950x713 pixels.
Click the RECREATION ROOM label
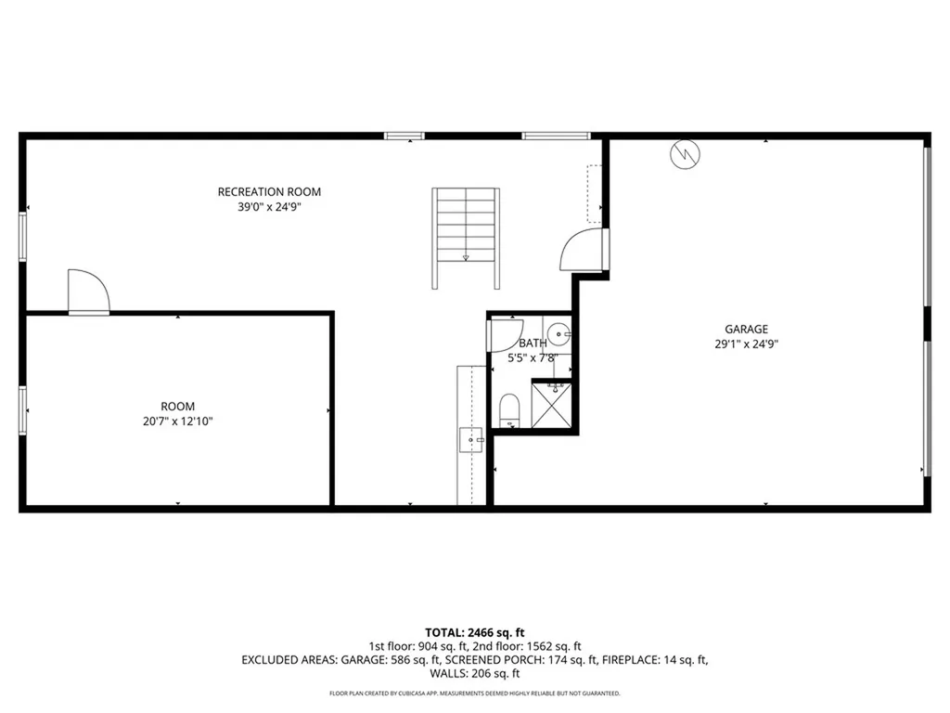[269, 192]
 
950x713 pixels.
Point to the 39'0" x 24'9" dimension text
[269, 208]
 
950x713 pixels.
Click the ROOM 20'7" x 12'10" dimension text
[177, 421]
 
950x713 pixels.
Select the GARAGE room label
[746, 329]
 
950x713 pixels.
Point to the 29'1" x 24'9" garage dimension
[746, 344]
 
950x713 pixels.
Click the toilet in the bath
[509, 410]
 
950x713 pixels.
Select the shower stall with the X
[552, 405]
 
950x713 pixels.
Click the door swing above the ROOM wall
[89, 292]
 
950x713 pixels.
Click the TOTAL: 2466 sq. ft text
[474, 632]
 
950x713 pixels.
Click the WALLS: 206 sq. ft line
[474, 674]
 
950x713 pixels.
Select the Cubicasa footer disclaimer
[474, 694]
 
